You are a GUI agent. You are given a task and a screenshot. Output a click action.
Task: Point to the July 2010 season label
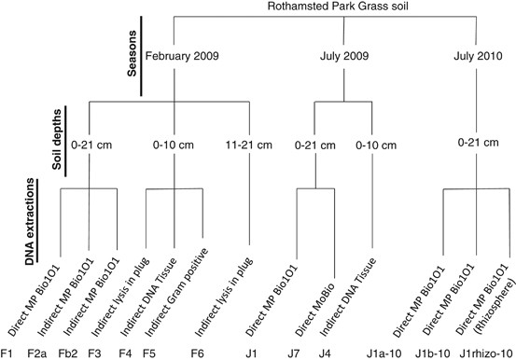pyautogui.click(x=474, y=56)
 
